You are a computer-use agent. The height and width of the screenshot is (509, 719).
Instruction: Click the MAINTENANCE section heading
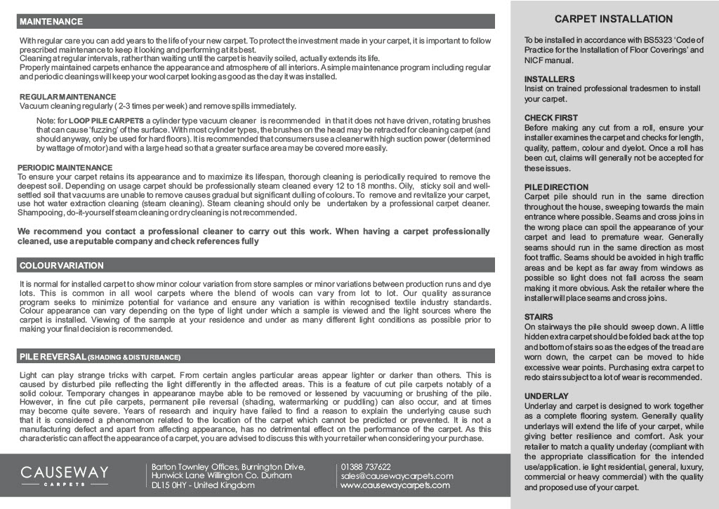point(51,22)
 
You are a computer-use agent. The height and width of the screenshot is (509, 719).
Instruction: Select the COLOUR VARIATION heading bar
point(62,266)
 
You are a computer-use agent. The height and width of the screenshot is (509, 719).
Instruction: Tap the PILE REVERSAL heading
point(53,357)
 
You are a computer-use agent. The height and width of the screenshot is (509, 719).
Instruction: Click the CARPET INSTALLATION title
point(614,19)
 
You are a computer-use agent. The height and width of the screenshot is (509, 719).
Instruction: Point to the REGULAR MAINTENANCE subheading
point(67,97)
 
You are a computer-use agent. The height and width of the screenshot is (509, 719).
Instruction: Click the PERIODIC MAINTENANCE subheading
point(65,168)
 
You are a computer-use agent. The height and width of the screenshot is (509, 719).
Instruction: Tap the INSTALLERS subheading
point(549,79)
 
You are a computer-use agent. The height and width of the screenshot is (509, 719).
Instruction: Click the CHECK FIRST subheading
point(551,118)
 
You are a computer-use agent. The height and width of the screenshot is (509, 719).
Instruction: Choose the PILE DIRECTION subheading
point(556,187)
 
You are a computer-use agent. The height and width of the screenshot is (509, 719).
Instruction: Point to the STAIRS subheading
point(539,317)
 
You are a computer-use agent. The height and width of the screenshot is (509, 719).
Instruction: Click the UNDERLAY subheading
point(546,396)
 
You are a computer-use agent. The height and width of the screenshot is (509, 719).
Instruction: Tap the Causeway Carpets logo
point(65,475)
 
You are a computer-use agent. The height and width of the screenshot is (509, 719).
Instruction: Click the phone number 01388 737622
point(366,467)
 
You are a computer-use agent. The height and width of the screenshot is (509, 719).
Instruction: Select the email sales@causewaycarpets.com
point(397,476)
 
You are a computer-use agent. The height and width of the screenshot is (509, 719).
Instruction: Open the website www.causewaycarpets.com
point(395,485)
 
